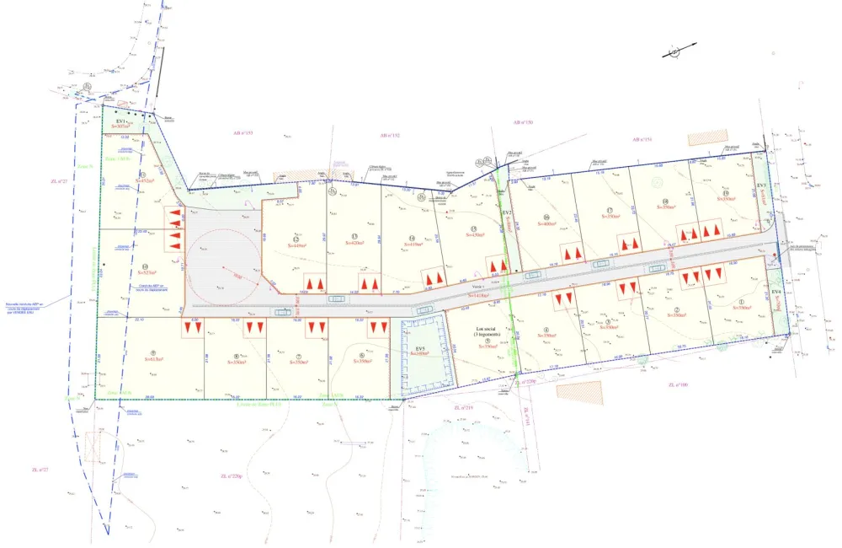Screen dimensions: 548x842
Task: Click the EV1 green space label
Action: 120,121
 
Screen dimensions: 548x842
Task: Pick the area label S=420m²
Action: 355,243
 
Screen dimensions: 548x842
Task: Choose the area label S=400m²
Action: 547,224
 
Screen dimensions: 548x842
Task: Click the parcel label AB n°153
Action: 243,133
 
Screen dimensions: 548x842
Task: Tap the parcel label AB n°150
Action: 523,122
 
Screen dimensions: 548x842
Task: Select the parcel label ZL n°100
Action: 677,385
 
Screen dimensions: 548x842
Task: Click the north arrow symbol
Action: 674,52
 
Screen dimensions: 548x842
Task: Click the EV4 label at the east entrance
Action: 776,292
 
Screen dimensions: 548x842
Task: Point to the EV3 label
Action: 761,185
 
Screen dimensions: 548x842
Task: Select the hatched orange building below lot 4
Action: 579,393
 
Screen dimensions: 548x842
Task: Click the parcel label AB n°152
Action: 389,135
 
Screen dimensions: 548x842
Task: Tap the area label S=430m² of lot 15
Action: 475,236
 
